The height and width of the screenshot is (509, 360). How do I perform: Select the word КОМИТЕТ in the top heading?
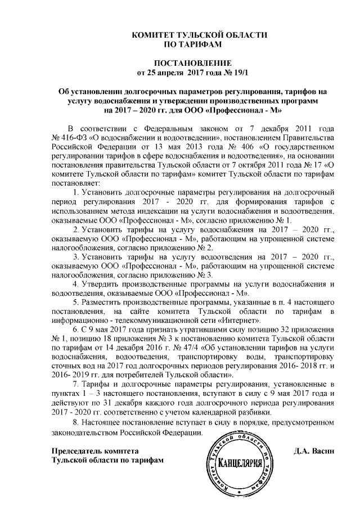[x=154, y=35]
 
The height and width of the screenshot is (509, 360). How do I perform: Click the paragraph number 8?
[x=77, y=421]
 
